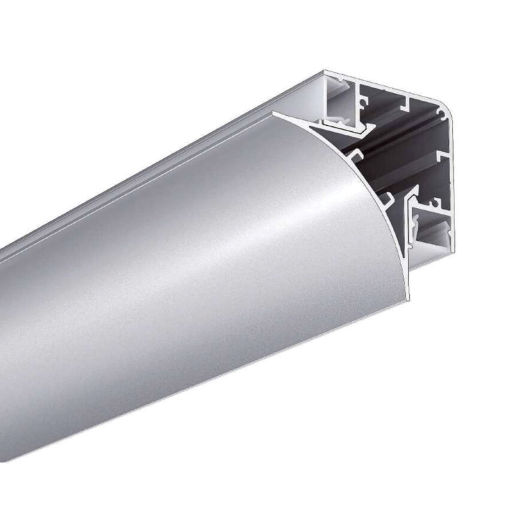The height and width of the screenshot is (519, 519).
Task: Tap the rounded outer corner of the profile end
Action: pos(448,109)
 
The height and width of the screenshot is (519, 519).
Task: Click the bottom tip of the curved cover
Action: pos(408,297)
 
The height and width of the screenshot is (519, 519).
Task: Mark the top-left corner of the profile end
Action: pos(324,73)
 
